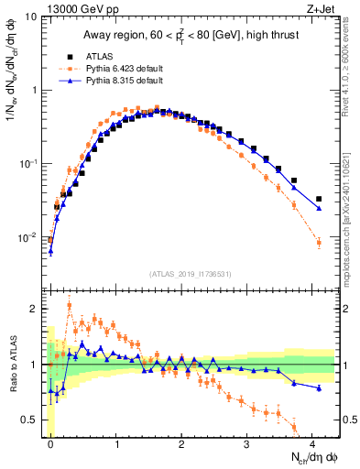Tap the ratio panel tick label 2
[35, 309]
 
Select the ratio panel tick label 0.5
[31, 420]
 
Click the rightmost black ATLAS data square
[319, 199]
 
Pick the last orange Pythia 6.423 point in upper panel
[319, 243]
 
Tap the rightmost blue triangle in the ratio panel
[319, 388]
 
